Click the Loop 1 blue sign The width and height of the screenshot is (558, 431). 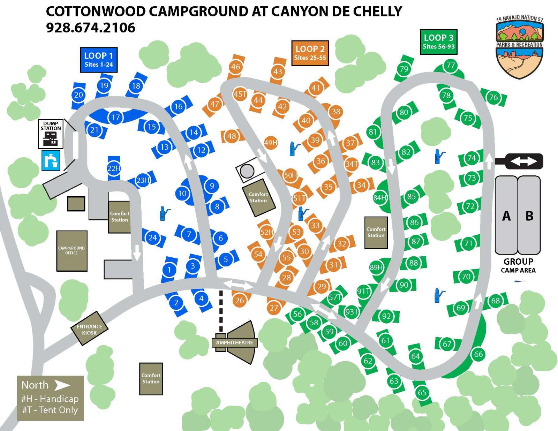(x=98, y=60)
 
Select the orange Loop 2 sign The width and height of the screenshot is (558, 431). (x=310, y=53)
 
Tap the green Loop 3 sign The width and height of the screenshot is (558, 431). (x=438, y=42)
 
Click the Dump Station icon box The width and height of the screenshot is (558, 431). (x=51, y=134)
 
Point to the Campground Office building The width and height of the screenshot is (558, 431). (x=71, y=251)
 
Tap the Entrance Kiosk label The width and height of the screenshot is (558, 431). (x=89, y=330)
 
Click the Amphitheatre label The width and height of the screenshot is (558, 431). (x=234, y=342)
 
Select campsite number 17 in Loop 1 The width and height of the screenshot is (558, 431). (x=116, y=118)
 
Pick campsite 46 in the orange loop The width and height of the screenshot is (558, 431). (x=236, y=67)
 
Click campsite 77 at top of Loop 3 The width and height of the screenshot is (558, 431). (x=451, y=66)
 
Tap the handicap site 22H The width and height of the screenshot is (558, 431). (x=113, y=168)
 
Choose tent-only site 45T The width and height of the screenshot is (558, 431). (x=240, y=94)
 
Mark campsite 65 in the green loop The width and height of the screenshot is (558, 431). (x=422, y=392)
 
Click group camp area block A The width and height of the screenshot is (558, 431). (x=506, y=215)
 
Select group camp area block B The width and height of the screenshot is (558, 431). (x=529, y=215)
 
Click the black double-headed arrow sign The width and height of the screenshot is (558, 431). (x=523, y=161)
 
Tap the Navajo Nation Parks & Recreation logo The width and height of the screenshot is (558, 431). (x=519, y=47)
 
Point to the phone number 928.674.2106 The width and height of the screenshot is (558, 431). (x=91, y=28)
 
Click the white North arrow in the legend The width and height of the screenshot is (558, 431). (x=62, y=385)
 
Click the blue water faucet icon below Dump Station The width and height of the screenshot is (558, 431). (x=51, y=160)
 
